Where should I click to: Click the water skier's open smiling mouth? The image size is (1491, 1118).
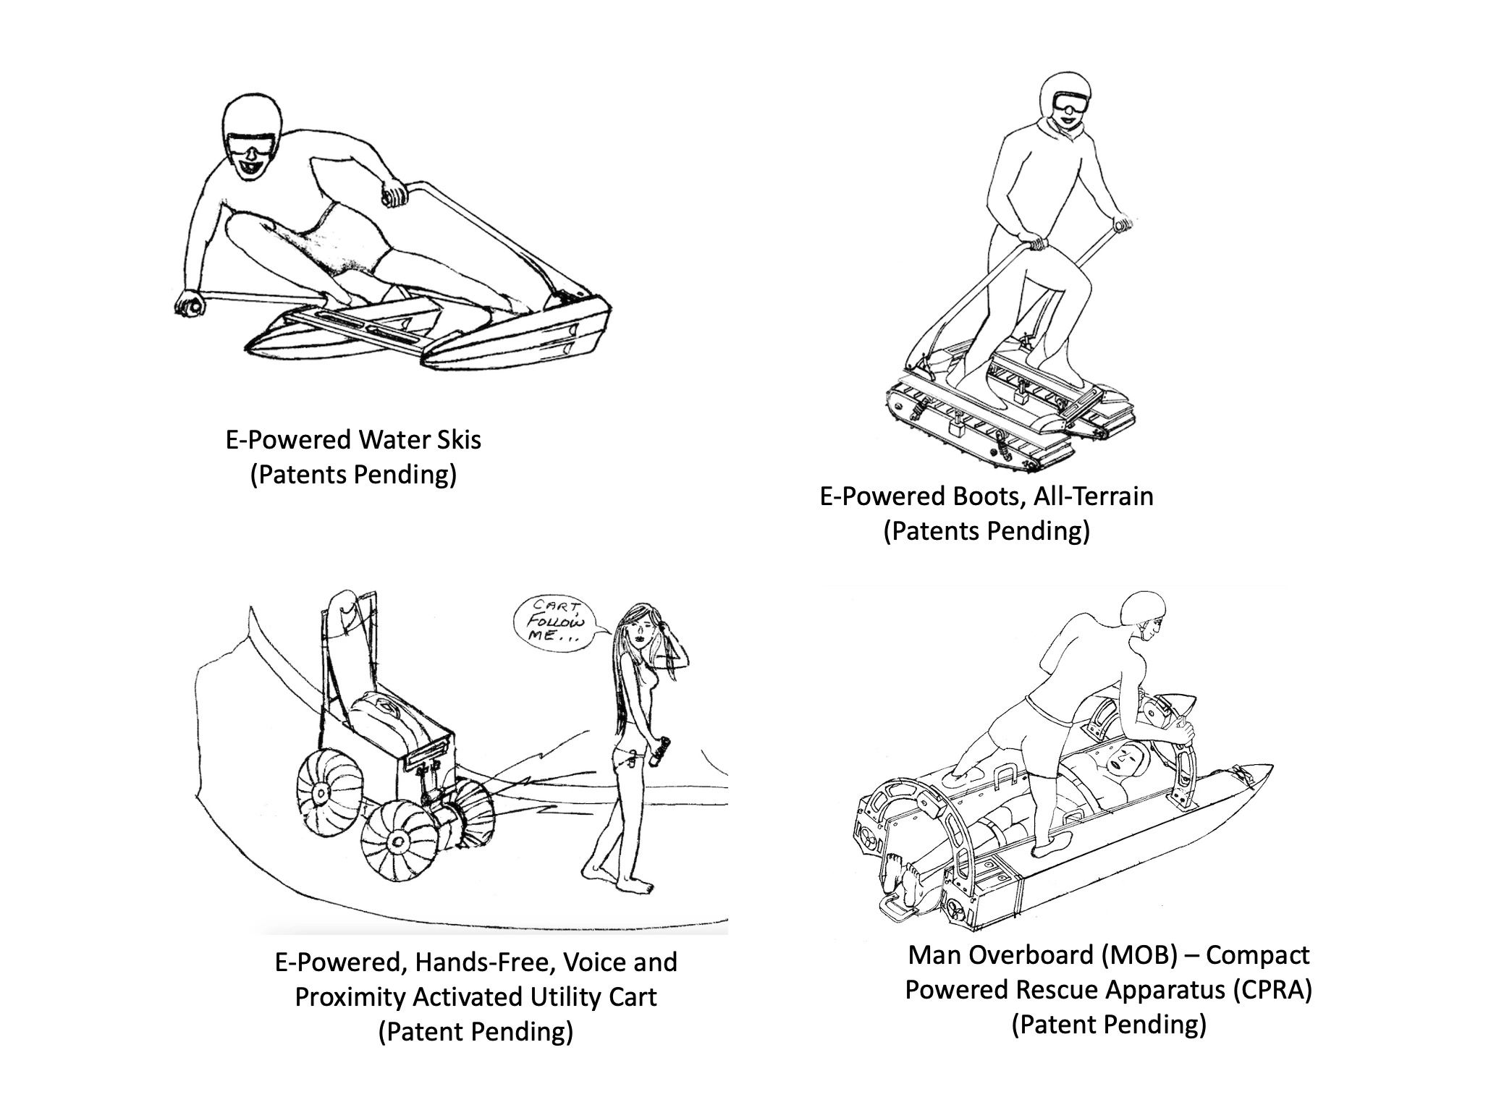coord(250,169)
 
